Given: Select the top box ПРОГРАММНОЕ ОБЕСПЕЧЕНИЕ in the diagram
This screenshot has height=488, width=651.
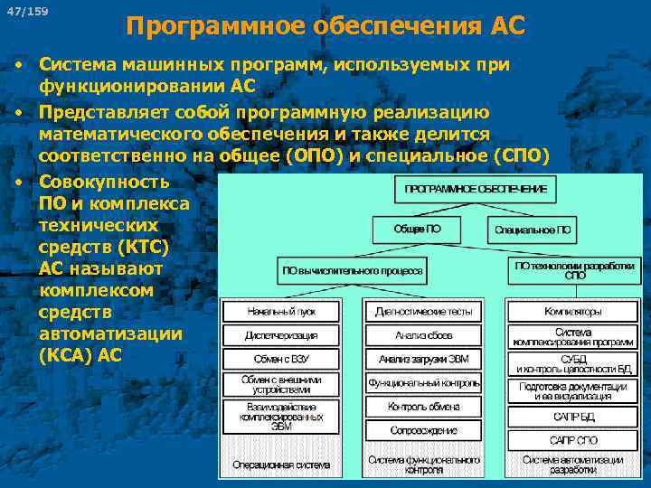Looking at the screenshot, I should click(476, 189).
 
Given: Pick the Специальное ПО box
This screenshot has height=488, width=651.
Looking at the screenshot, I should click(533, 230).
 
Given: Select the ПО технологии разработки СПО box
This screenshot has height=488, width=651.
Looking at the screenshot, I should click(575, 269).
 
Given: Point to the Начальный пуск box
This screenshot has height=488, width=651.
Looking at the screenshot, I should click(281, 311).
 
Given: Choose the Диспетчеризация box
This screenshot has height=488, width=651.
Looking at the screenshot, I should click(281, 335).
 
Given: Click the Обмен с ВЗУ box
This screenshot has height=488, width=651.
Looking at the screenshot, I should click(281, 359).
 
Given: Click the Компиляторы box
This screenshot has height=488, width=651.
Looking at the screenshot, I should click(572, 311).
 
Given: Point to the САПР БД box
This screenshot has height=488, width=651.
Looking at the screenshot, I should click(572, 417).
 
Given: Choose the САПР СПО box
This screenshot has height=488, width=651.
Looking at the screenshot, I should click(572, 440).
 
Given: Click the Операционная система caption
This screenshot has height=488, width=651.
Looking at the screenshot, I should click(281, 465).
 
